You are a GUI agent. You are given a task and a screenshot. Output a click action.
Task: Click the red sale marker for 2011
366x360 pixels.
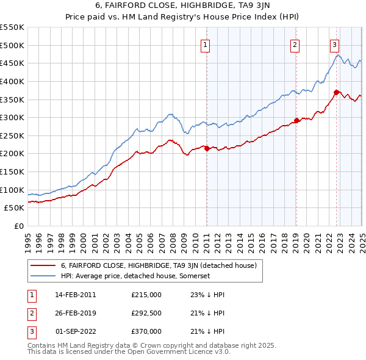coord(207,148)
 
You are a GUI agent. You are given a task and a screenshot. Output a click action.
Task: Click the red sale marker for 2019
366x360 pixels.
coord(296,120)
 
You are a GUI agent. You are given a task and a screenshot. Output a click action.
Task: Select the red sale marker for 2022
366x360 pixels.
coord(336,92)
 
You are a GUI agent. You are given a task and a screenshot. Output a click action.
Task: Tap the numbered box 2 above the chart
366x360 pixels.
coord(295,45)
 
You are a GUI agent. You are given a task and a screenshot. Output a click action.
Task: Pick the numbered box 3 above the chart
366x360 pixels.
coord(335,45)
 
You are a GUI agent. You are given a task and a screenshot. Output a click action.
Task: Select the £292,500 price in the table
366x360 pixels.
coord(146,313)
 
